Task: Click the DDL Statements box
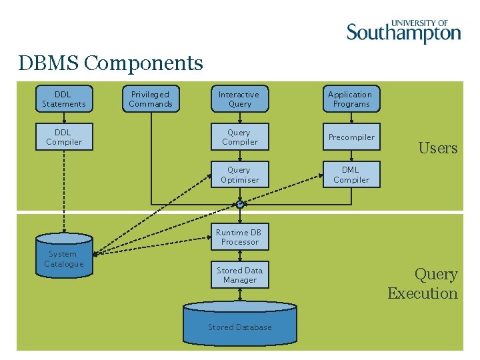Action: point(64,99)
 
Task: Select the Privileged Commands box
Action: point(151,99)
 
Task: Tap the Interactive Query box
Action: point(239,99)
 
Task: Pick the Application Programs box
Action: point(351,99)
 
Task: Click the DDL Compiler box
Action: point(64,137)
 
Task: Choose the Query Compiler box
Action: point(239,137)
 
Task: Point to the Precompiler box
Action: point(351,137)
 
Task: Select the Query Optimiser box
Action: point(239,175)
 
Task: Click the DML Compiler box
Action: point(351,175)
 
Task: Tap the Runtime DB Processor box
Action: point(239,237)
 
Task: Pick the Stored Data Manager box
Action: point(239,275)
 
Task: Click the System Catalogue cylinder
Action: point(64,257)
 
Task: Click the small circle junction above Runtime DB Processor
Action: point(240,205)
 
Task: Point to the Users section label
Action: point(437,148)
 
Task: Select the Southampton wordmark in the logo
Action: point(403,33)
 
